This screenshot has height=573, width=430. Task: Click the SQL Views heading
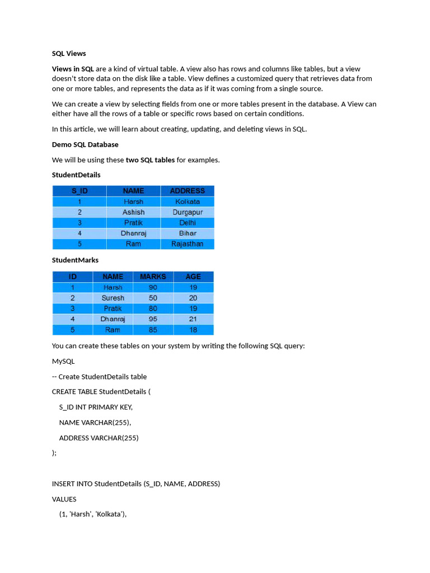tap(69, 53)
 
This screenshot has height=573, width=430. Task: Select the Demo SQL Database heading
tap(85, 144)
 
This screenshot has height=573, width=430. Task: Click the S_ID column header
tap(80, 191)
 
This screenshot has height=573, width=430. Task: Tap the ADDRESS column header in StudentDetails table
tap(188, 191)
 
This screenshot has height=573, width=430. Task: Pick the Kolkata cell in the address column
tap(188, 201)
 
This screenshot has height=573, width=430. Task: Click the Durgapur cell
tap(188, 212)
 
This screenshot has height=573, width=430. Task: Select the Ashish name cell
tap(133, 212)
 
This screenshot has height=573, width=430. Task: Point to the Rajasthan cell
tap(188, 244)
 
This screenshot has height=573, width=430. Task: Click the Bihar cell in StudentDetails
tap(188, 233)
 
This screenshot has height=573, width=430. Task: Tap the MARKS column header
tap(153, 276)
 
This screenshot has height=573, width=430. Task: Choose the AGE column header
tap(193, 276)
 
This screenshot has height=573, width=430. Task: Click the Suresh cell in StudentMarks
tap(113, 298)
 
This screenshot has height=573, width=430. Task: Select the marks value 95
tap(153, 319)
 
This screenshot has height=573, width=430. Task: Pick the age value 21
tap(193, 319)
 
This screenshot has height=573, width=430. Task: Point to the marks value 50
tap(153, 298)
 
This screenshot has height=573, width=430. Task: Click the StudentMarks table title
tap(75, 260)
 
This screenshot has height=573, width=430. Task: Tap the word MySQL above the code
tap(63, 361)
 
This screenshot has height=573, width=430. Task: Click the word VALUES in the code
tap(64, 499)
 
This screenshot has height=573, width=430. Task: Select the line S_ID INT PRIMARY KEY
tap(96, 407)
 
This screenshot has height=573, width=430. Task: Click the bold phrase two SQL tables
tap(150, 160)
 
